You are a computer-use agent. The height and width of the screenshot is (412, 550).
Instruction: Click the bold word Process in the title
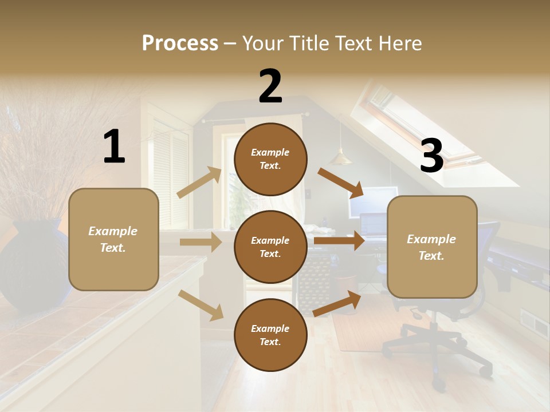[180, 43]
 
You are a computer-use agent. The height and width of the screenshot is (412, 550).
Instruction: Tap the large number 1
[114, 147]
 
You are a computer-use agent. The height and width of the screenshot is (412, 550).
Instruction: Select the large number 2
[270, 86]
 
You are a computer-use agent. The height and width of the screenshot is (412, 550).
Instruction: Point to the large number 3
[431, 156]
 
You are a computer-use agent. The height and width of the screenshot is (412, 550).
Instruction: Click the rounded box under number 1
[113, 239]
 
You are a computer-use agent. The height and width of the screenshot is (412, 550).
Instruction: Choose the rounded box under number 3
[432, 247]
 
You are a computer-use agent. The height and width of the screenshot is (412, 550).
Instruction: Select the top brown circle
[270, 159]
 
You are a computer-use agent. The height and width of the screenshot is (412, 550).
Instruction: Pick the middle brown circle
[270, 247]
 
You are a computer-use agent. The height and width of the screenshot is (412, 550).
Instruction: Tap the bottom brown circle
[270, 335]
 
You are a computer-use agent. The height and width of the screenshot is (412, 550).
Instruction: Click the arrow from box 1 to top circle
[199, 183]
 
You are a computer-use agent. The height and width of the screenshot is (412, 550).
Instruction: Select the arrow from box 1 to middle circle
[201, 242]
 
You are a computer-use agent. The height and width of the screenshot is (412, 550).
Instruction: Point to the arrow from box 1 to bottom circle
[201, 305]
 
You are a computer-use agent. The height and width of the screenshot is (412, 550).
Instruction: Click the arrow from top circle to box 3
[341, 181]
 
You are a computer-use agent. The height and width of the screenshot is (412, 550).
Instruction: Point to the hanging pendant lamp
[340, 157]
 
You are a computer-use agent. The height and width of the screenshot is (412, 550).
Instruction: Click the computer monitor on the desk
[374, 200]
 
